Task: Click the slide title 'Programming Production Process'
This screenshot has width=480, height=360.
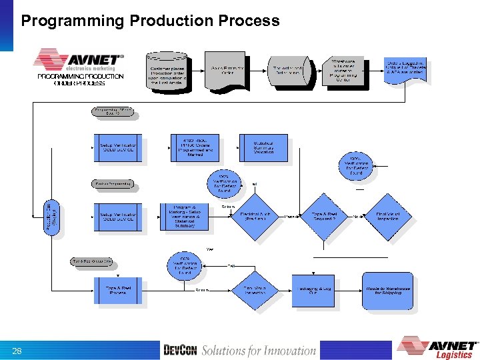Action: tap(150, 21)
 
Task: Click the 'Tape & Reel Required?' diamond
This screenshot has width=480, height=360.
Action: tap(325, 216)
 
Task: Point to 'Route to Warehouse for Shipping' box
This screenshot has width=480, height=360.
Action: tap(388, 290)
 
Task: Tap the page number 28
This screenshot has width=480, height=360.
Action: tap(17, 351)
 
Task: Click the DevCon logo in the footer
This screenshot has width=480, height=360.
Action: tap(180, 351)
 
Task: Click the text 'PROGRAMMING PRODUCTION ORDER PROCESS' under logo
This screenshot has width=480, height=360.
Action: tap(80, 79)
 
